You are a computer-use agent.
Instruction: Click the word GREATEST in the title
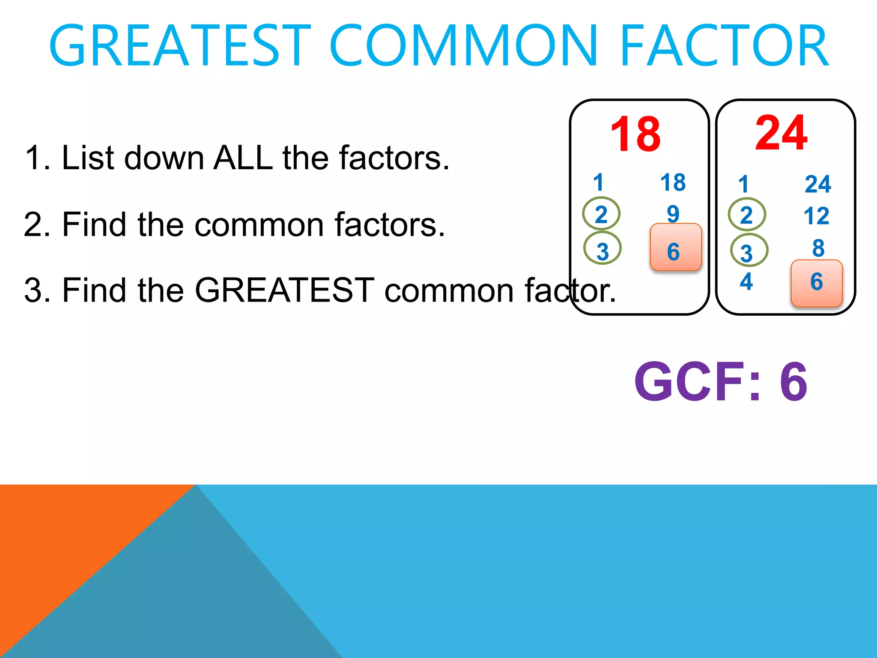click(180, 46)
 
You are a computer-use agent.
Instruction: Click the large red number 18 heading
click(635, 135)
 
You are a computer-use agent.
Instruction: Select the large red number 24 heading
click(781, 133)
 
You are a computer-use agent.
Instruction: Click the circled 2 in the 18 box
click(601, 214)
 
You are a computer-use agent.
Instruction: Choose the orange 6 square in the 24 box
click(816, 283)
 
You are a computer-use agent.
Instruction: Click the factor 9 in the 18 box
click(673, 213)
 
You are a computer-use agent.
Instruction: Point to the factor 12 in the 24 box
click(816, 215)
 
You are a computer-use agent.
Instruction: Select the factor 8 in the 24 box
click(818, 248)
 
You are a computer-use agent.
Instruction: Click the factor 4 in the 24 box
click(746, 281)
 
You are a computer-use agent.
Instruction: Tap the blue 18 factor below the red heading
click(673, 182)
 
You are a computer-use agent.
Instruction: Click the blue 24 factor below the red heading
click(817, 184)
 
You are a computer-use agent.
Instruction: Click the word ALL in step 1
click(243, 158)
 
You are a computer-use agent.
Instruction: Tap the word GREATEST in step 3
click(284, 290)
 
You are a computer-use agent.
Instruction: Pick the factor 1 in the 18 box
click(598, 182)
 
